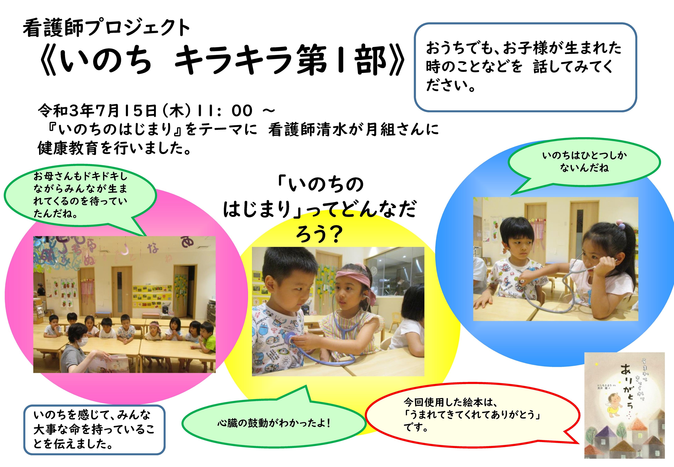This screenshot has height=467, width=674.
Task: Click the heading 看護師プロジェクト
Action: [106, 28]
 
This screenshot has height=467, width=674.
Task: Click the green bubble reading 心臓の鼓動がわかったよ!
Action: [274, 423]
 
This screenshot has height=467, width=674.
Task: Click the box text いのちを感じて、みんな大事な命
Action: [94, 429]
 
